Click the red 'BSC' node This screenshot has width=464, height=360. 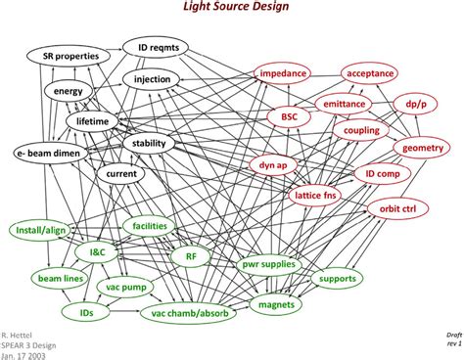(x=289, y=117)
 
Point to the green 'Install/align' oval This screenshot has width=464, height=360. (x=43, y=230)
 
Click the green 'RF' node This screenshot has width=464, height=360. (x=191, y=255)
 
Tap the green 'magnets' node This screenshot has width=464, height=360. (x=277, y=306)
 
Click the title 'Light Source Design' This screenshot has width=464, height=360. (x=232, y=9)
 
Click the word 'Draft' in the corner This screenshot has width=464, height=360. (x=449, y=334)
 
